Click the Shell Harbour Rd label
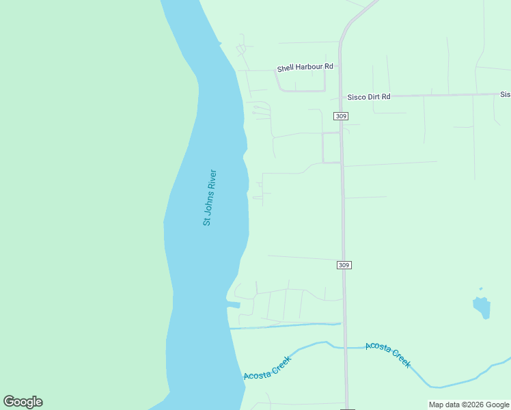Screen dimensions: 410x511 tap(305, 68)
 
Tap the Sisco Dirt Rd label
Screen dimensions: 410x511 tap(369, 97)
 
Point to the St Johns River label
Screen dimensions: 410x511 tap(210, 198)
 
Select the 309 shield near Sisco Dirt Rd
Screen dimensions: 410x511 tap(342, 116)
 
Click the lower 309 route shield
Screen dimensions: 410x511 tap(344, 264)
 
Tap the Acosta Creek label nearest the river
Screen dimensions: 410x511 tap(268, 368)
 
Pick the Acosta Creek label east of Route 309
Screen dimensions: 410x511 tap(388, 355)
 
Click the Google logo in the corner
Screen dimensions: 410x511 tap(23, 402)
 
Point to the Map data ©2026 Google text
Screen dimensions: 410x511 tap(469, 405)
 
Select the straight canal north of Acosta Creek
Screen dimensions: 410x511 tap(287, 326)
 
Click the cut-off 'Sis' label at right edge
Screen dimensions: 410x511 tap(505, 94)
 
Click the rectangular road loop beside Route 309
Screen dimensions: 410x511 tap(331, 148)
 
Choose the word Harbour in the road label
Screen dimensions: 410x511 tap(308, 68)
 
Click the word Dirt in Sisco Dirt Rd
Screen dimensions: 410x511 tap(372, 97)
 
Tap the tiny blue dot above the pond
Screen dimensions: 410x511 tap(481, 288)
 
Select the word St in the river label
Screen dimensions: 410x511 tap(206, 221)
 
